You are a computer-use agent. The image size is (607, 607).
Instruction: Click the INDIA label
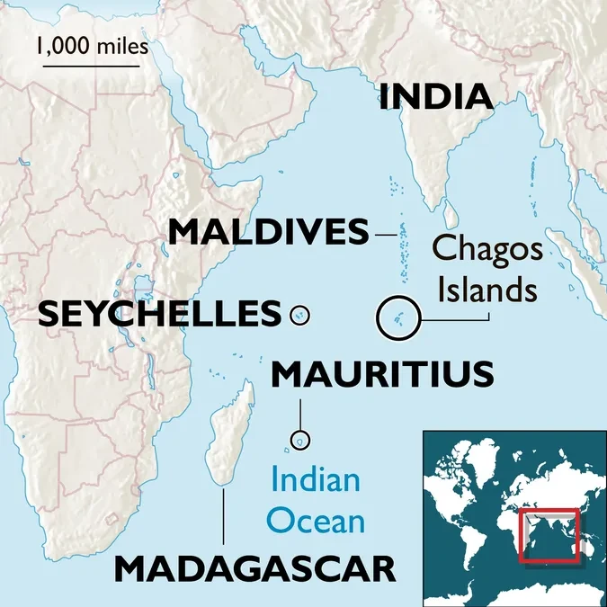(x=436, y=97)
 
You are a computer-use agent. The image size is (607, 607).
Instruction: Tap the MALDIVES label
(x=269, y=233)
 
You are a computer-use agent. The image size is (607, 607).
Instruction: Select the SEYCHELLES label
(x=159, y=314)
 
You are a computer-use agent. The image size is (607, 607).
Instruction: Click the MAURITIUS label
(x=383, y=373)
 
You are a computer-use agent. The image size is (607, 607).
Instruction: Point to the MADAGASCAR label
(x=255, y=568)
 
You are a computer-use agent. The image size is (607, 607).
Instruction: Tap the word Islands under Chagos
(x=488, y=290)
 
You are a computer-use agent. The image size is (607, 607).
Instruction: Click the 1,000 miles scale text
(x=93, y=45)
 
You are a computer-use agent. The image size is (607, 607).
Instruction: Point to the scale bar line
(x=93, y=65)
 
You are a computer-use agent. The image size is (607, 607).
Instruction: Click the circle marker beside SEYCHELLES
(x=300, y=315)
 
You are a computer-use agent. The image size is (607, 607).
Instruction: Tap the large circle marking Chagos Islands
(x=397, y=317)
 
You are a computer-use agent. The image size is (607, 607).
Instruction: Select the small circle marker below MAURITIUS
(x=299, y=441)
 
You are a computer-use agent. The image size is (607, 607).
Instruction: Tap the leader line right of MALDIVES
(x=386, y=235)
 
